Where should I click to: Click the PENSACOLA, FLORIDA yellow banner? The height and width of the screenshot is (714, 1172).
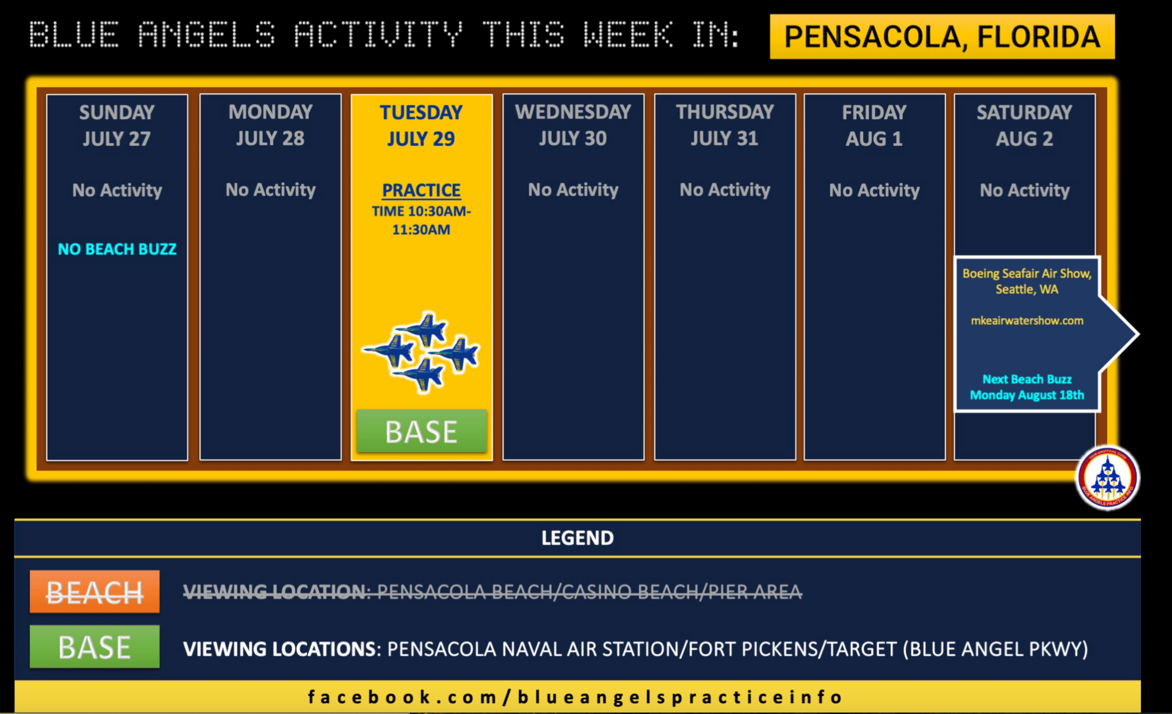pos(942,37)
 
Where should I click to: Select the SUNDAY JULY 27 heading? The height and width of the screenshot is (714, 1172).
pos(117,125)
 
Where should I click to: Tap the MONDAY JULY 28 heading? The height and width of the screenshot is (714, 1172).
pos(270,125)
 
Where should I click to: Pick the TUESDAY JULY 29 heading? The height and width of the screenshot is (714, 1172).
pos(421,125)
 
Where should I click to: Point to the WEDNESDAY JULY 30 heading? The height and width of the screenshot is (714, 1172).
pos(573,125)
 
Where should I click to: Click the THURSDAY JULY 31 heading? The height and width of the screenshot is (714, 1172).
pos(725,125)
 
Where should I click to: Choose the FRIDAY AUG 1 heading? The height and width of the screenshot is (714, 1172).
pos(874,125)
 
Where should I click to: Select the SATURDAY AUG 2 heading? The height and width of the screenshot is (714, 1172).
pos(1024,125)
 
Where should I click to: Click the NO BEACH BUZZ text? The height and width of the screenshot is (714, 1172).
pos(117,249)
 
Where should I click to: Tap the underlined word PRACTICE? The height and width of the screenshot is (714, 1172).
pos(421,191)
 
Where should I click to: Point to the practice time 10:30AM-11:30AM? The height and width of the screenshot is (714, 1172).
pos(421,220)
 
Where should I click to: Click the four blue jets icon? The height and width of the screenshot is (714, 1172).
pos(421,352)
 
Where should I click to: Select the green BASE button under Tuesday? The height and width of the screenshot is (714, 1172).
pos(422,432)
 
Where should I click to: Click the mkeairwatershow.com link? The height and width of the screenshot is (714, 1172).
pos(1027,321)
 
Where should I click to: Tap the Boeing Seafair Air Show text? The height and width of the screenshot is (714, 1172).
pos(1027,282)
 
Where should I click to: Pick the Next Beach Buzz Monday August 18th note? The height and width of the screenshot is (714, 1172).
pos(1027,387)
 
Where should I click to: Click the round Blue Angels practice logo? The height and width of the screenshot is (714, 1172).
pos(1107,478)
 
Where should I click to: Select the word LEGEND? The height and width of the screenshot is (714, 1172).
pos(577,538)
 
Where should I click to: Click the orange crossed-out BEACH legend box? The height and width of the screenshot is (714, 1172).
pos(95,591)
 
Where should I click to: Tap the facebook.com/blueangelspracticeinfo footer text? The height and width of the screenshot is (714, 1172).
pos(575,697)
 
